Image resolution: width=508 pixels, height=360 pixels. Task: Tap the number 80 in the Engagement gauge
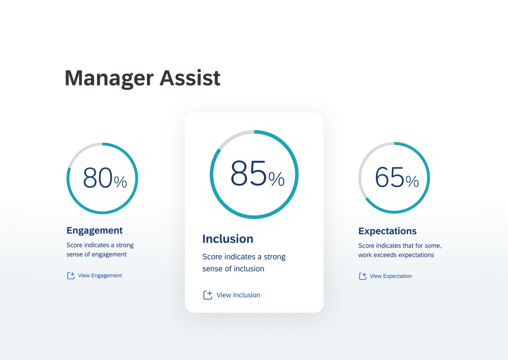coord(98,177)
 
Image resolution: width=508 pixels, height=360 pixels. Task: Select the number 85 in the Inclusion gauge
coord(249,174)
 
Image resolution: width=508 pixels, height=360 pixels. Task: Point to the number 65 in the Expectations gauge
coord(390,177)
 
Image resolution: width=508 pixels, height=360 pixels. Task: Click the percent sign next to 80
coord(121,182)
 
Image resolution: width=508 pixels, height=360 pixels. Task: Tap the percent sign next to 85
coord(276,180)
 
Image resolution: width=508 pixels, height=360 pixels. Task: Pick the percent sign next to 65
coord(412,182)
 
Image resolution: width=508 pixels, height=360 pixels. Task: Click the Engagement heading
coord(94,230)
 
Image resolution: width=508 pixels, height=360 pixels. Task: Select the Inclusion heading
coord(228,239)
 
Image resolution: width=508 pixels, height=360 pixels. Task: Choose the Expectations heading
coord(387,231)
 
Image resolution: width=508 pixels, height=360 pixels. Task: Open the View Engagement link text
coord(100,276)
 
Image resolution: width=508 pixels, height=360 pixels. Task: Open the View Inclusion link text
coord(238,295)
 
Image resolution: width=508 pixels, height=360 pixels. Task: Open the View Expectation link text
coord(391,276)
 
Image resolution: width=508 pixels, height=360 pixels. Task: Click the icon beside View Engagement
coord(71,276)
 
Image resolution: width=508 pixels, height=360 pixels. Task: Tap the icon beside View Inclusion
coord(207,295)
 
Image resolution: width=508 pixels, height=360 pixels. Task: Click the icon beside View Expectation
coord(362,276)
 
